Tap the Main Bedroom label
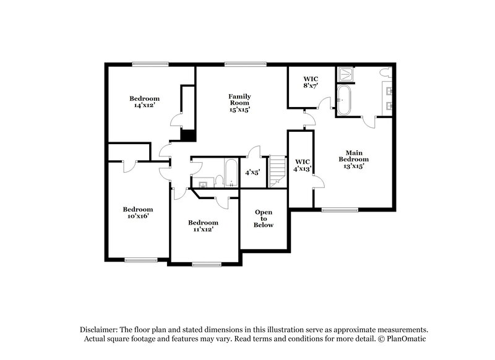click(x=353, y=159)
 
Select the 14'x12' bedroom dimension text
click(x=144, y=105)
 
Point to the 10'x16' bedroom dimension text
click(x=137, y=216)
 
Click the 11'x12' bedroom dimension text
click(x=204, y=229)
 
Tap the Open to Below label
click(x=264, y=218)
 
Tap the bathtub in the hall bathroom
click(x=230, y=173)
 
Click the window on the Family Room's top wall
click(x=246, y=64)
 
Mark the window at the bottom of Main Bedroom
click(x=340, y=210)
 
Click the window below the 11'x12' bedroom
click(x=207, y=264)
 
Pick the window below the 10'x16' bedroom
click(x=140, y=259)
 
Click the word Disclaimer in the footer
click(x=100, y=329)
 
